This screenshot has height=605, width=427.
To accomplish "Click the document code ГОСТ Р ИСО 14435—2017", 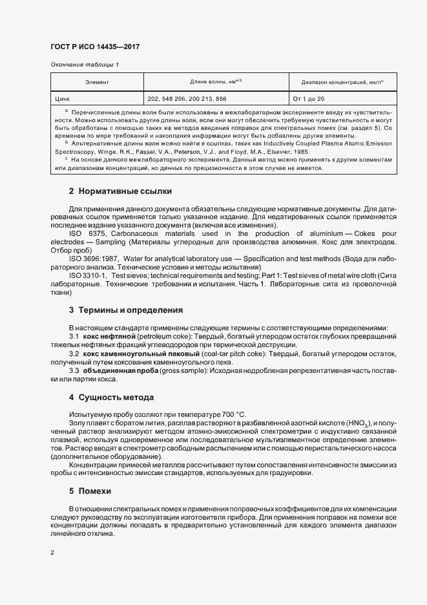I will click(94, 47).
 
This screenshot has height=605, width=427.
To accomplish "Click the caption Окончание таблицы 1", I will click(84, 65).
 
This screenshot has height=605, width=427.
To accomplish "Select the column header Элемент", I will click(97, 83).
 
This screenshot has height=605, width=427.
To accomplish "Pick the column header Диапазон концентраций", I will click(342, 83).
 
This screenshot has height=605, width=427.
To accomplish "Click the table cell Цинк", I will click(63, 99).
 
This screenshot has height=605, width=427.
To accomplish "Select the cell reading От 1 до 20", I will click(309, 99).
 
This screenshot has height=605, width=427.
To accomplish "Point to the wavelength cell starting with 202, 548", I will click(187, 99).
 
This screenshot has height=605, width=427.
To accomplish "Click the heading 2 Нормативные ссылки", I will click(120, 192).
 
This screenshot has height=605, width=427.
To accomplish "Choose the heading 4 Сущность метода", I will click(111, 397).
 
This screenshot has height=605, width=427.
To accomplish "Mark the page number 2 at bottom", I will click(52, 553).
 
